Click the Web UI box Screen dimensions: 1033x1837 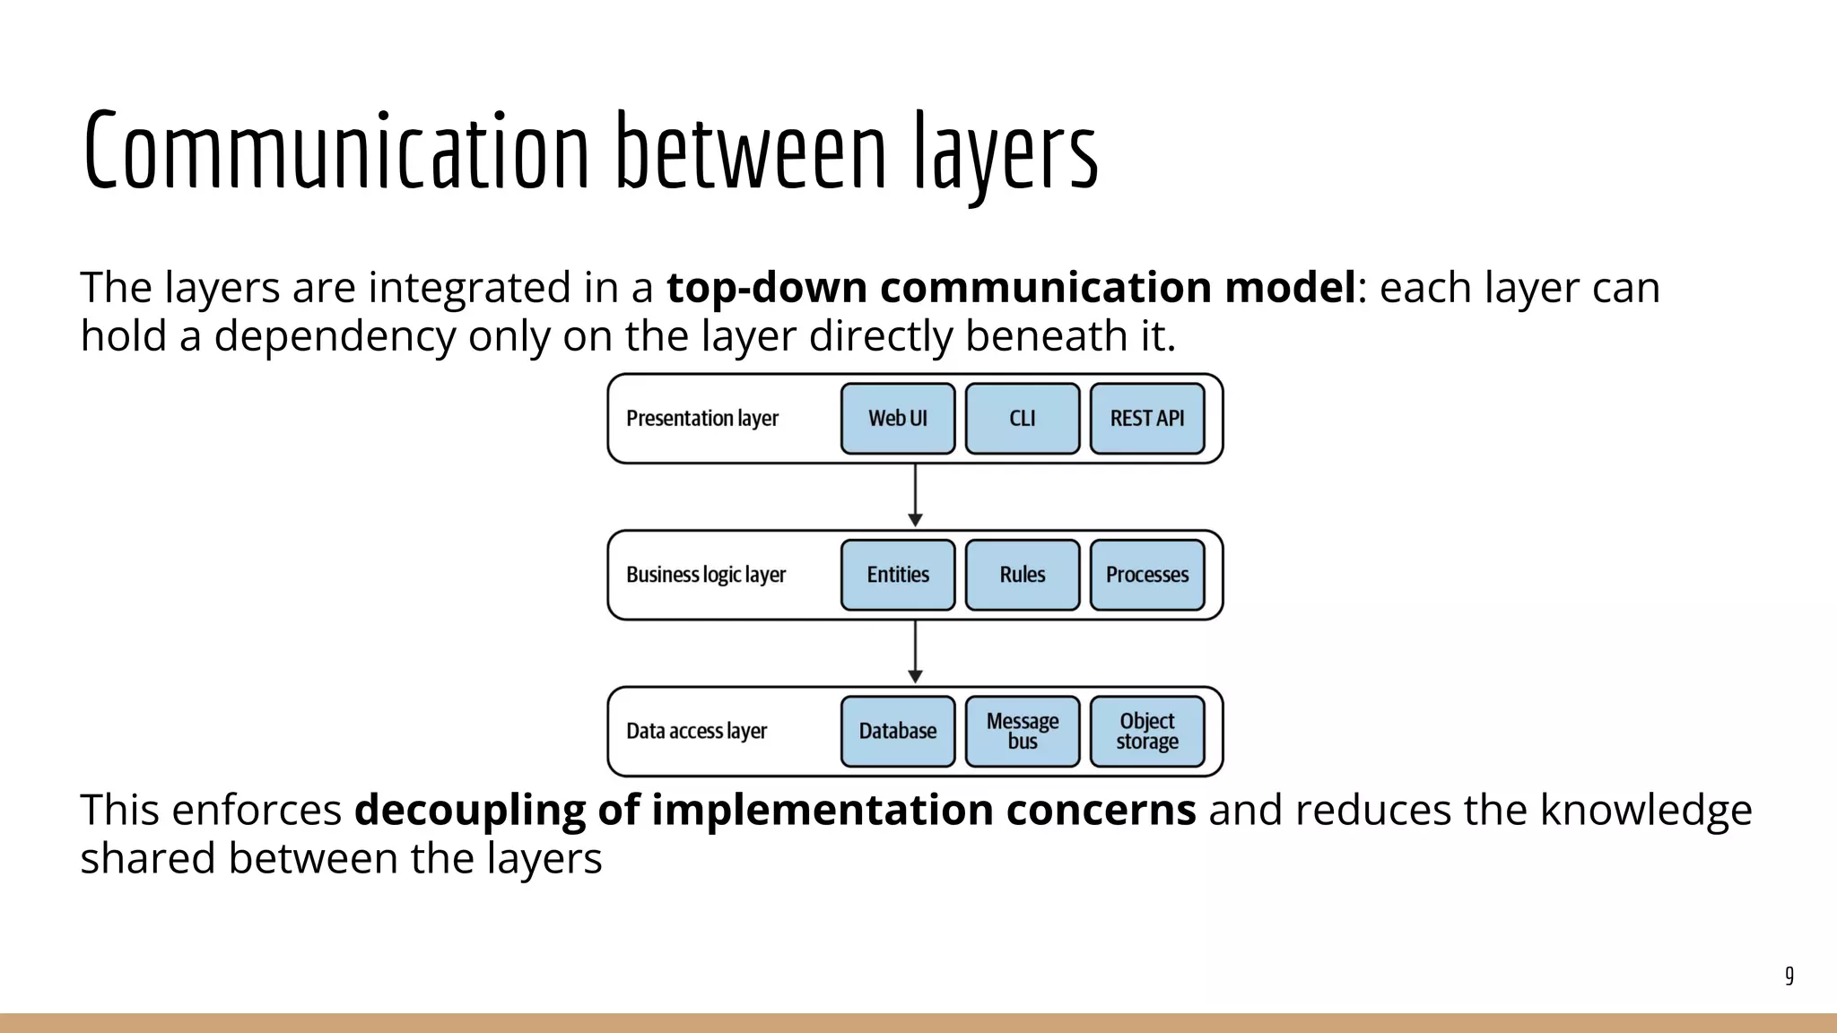click(x=898, y=419)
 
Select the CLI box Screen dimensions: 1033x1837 click(x=1023, y=419)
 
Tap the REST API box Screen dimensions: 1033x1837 click(x=1147, y=419)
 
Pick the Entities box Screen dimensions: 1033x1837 click(x=898, y=575)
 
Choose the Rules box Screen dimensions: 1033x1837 click(x=1023, y=575)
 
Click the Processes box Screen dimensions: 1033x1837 click(x=1147, y=575)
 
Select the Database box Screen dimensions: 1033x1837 click(x=898, y=732)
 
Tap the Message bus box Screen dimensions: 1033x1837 click(x=1023, y=732)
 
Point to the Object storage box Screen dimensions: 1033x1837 click(x=1147, y=732)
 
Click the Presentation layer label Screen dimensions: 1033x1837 click(x=702, y=419)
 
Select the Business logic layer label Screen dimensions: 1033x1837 click(x=706, y=575)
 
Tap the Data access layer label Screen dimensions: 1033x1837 click(x=697, y=732)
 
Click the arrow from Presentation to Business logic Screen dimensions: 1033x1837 click(x=915, y=496)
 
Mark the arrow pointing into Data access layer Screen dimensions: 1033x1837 click(x=915, y=653)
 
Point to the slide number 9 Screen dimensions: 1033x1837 click(x=1789, y=976)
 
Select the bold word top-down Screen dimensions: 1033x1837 click(x=767, y=288)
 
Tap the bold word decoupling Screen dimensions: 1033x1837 click(x=469, y=810)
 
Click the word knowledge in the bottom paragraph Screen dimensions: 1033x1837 click(x=1646, y=810)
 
